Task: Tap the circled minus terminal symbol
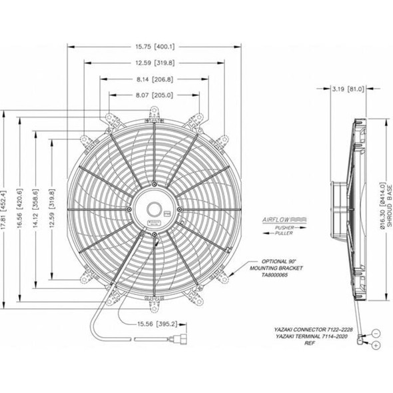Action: click(x=376, y=332)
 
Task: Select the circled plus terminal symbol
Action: click(x=376, y=345)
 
